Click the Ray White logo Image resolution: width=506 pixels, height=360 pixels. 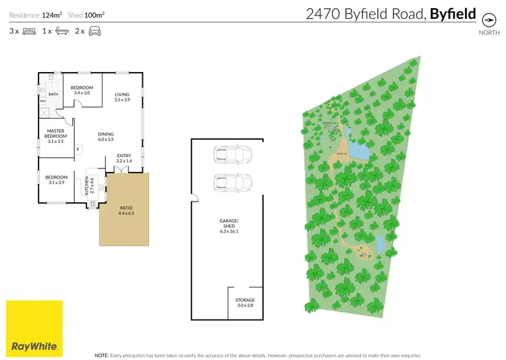pyautogui.click(x=34, y=328)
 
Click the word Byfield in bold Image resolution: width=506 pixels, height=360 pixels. pyautogui.click(x=453, y=13)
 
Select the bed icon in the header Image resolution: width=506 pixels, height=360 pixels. pyautogui.click(x=29, y=31)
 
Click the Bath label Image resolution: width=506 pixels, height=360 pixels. pyautogui.click(x=53, y=94)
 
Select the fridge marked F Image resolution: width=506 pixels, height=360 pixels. pyautogui.click(x=78, y=149)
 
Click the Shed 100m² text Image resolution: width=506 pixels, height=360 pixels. pyautogui.click(x=89, y=13)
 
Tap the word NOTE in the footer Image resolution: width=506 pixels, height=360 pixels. pyautogui.click(x=102, y=355)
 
